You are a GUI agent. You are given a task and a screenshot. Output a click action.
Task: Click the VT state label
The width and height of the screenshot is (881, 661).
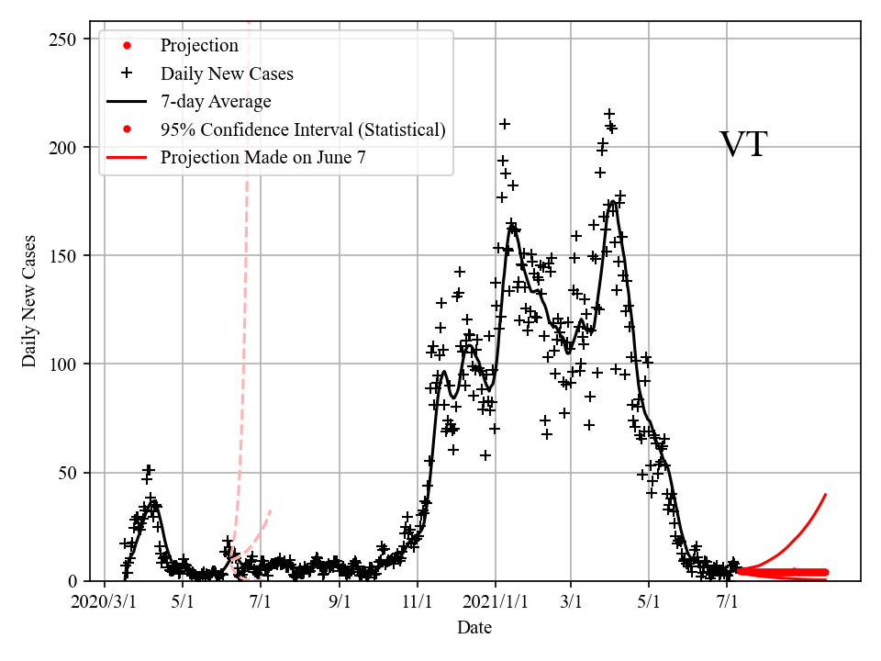[742, 145]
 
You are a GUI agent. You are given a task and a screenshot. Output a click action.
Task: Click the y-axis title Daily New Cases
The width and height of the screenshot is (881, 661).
[30, 301]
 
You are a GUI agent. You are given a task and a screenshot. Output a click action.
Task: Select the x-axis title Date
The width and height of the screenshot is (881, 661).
[474, 628]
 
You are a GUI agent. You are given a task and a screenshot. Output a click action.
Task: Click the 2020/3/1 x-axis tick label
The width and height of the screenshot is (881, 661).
[105, 602]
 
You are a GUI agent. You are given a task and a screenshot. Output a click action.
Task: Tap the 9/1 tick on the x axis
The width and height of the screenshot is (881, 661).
[340, 602]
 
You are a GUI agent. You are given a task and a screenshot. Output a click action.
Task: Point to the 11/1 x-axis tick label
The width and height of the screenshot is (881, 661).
[418, 602]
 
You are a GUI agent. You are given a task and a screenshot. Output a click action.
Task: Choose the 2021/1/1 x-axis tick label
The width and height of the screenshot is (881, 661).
[496, 602]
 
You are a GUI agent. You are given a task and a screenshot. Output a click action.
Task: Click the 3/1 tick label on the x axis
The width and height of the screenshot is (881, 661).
[571, 602]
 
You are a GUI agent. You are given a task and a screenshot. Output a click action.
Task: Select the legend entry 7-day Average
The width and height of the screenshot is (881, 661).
[216, 101]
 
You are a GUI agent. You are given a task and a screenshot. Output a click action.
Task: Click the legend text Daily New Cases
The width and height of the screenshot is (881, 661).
[227, 73]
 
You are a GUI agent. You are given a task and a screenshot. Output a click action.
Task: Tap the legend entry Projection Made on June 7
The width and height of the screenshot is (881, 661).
[263, 157]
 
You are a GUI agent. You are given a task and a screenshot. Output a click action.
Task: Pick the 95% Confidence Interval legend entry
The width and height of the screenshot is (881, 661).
[303, 129]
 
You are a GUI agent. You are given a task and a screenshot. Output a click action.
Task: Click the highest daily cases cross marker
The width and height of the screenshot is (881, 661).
[608, 114]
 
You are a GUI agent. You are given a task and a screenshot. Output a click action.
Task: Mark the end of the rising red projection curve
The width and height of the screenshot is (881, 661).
[826, 494]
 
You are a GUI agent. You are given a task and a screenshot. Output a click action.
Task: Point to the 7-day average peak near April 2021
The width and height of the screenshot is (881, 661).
[613, 201]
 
